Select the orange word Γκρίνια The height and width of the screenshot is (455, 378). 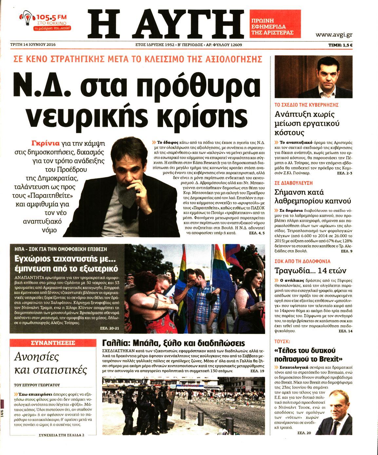point(46,143)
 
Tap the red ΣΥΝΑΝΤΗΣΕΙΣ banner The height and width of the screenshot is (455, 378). point(53,343)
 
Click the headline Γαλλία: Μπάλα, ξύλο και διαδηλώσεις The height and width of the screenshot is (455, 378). point(173,343)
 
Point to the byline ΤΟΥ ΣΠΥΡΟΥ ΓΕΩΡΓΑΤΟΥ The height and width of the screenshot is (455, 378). point(37,385)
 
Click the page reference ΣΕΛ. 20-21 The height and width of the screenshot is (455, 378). point(109,328)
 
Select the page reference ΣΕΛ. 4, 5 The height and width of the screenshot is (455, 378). point(256,233)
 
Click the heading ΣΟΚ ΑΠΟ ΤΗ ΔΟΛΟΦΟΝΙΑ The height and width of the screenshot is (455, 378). point(302,261)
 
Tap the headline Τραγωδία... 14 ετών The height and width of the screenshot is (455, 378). point(310,271)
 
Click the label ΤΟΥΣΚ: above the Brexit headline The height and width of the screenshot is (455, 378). point(282,341)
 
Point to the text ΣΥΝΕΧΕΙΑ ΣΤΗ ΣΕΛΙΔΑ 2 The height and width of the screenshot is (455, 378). point(62,435)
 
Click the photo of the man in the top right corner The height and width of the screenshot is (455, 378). point(313,77)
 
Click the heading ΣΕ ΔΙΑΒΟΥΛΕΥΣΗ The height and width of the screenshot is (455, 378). point(293,183)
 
